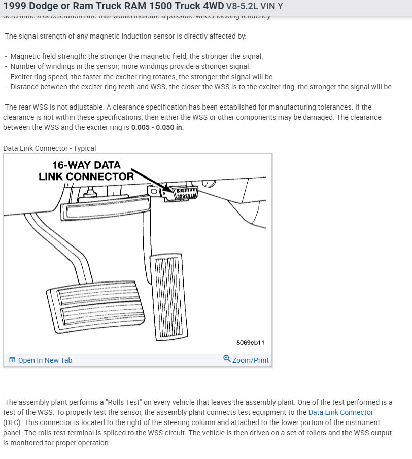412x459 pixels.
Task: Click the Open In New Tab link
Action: click(x=45, y=360)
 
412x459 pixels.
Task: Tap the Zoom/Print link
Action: click(x=250, y=360)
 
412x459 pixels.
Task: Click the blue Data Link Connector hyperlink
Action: click(x=340, y=412)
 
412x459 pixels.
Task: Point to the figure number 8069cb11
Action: click(x=250, y=343)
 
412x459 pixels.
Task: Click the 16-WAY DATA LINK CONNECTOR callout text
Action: click(x=86, y=171)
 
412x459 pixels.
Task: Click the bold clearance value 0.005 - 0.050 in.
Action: click(x=157, y=127)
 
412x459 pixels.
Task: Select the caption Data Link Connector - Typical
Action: click(x=49, y=148)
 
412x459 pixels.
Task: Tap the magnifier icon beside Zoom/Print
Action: click(x=227, y=359)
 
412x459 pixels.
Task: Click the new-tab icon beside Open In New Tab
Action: click(x=12, y=360)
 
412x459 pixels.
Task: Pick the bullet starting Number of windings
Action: click(x=130, y=66)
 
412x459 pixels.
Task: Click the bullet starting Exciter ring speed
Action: click(x=142, y=77)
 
